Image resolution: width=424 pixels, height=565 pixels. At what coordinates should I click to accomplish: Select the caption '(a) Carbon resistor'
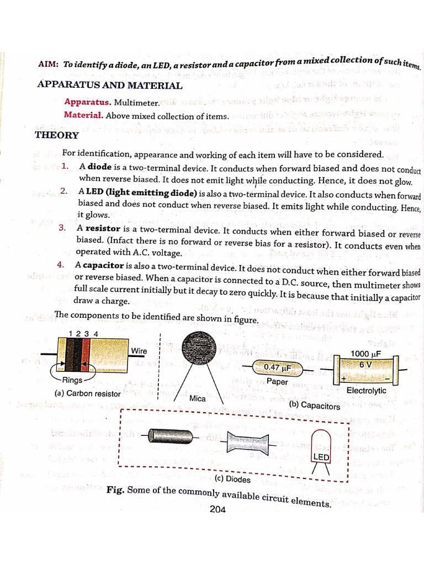(x=87, y=394)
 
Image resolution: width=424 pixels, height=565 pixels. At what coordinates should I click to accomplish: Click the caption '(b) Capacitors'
(x=315, y=406)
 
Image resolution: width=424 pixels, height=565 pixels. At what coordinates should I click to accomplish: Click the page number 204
(x=218, y=509)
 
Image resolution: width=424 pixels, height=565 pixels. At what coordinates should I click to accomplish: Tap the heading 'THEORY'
(x=57, y=135)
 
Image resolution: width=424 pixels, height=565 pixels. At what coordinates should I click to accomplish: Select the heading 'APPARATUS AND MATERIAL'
(x=109, y=86)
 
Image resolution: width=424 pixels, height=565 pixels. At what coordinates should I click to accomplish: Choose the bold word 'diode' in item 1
(x=100, y=167)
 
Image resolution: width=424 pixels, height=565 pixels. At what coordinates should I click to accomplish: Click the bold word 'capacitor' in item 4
(x=104, y=265)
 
